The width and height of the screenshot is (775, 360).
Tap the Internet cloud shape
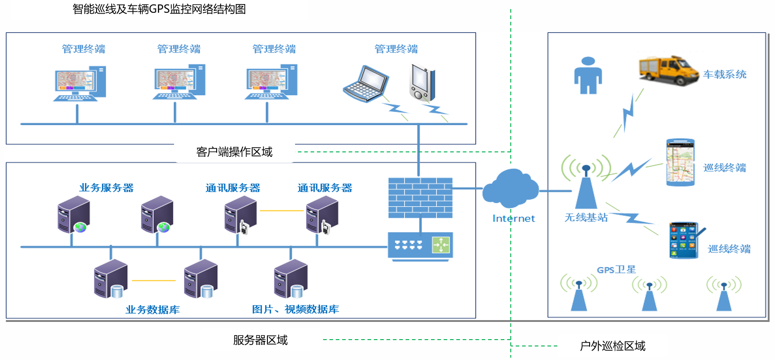click(511, 187)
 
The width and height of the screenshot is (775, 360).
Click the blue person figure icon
click(588, 76)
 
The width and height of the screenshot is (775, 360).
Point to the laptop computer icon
click(366, 84)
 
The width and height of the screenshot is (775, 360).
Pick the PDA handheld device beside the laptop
click(422, 83)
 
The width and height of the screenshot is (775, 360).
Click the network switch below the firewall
click(420, 246)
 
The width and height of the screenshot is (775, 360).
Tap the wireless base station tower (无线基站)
click(586, 186)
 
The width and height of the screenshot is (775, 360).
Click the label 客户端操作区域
click(234, 152)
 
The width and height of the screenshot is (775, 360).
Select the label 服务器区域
click(260, 340)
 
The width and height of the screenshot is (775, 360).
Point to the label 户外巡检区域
click(612, 346)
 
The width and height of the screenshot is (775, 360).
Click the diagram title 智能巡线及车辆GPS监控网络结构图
click(159, 9)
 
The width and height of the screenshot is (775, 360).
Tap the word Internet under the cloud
click(513, 219)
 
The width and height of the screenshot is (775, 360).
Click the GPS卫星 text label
click(616, 270)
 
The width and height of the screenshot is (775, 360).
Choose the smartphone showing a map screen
click(680, 162)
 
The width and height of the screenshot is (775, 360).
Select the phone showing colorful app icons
click(684, 240)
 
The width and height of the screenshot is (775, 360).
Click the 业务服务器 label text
click(106, 188)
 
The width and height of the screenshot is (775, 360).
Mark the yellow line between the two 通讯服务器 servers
click(281, 211)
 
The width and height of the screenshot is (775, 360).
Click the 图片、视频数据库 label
click(295, 309)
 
